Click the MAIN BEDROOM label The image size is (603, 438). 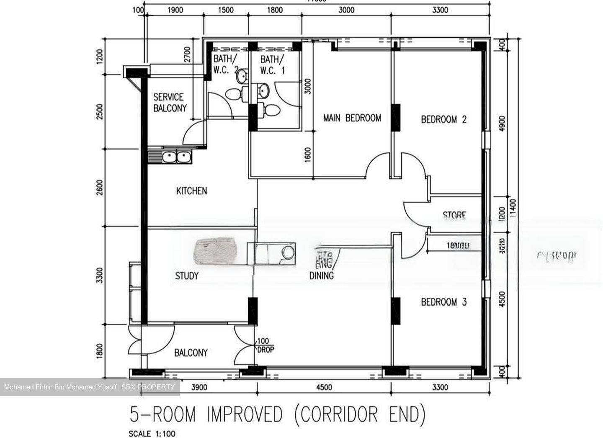click(352, 118)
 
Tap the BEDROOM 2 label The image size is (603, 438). click(443, 120)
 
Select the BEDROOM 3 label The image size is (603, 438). click(443, 302)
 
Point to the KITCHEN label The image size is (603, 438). click(191, 191)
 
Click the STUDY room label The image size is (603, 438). click(187, 276)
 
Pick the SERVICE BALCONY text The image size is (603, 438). click(170, 103)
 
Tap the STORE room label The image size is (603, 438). click(454, 215)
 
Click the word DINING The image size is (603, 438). click(322, 276)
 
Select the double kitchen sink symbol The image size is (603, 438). click(176, 157)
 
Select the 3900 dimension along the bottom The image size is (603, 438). click(199, 387)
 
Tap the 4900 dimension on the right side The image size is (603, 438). click(502, 123)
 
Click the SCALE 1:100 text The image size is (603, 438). click(152, 433)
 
